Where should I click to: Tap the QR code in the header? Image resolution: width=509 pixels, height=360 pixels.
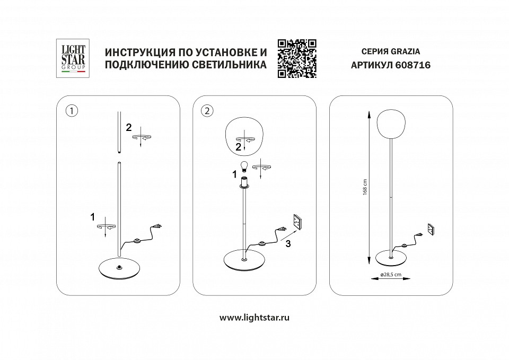(x=297, y=58)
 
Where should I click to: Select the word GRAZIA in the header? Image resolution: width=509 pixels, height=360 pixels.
(x=406, y=52)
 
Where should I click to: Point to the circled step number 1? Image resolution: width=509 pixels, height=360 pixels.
(x=71, y=111)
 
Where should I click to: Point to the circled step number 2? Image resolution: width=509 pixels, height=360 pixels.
(x=207, y=111)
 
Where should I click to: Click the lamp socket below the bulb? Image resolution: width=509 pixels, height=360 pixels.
(x=244, y=183)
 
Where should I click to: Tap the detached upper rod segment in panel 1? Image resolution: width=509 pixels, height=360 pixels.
(x=119, y=130)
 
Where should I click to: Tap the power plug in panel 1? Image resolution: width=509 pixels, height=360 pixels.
(x=159, y=229)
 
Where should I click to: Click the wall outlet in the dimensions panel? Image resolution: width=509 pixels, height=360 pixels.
(x=432, y=229)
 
